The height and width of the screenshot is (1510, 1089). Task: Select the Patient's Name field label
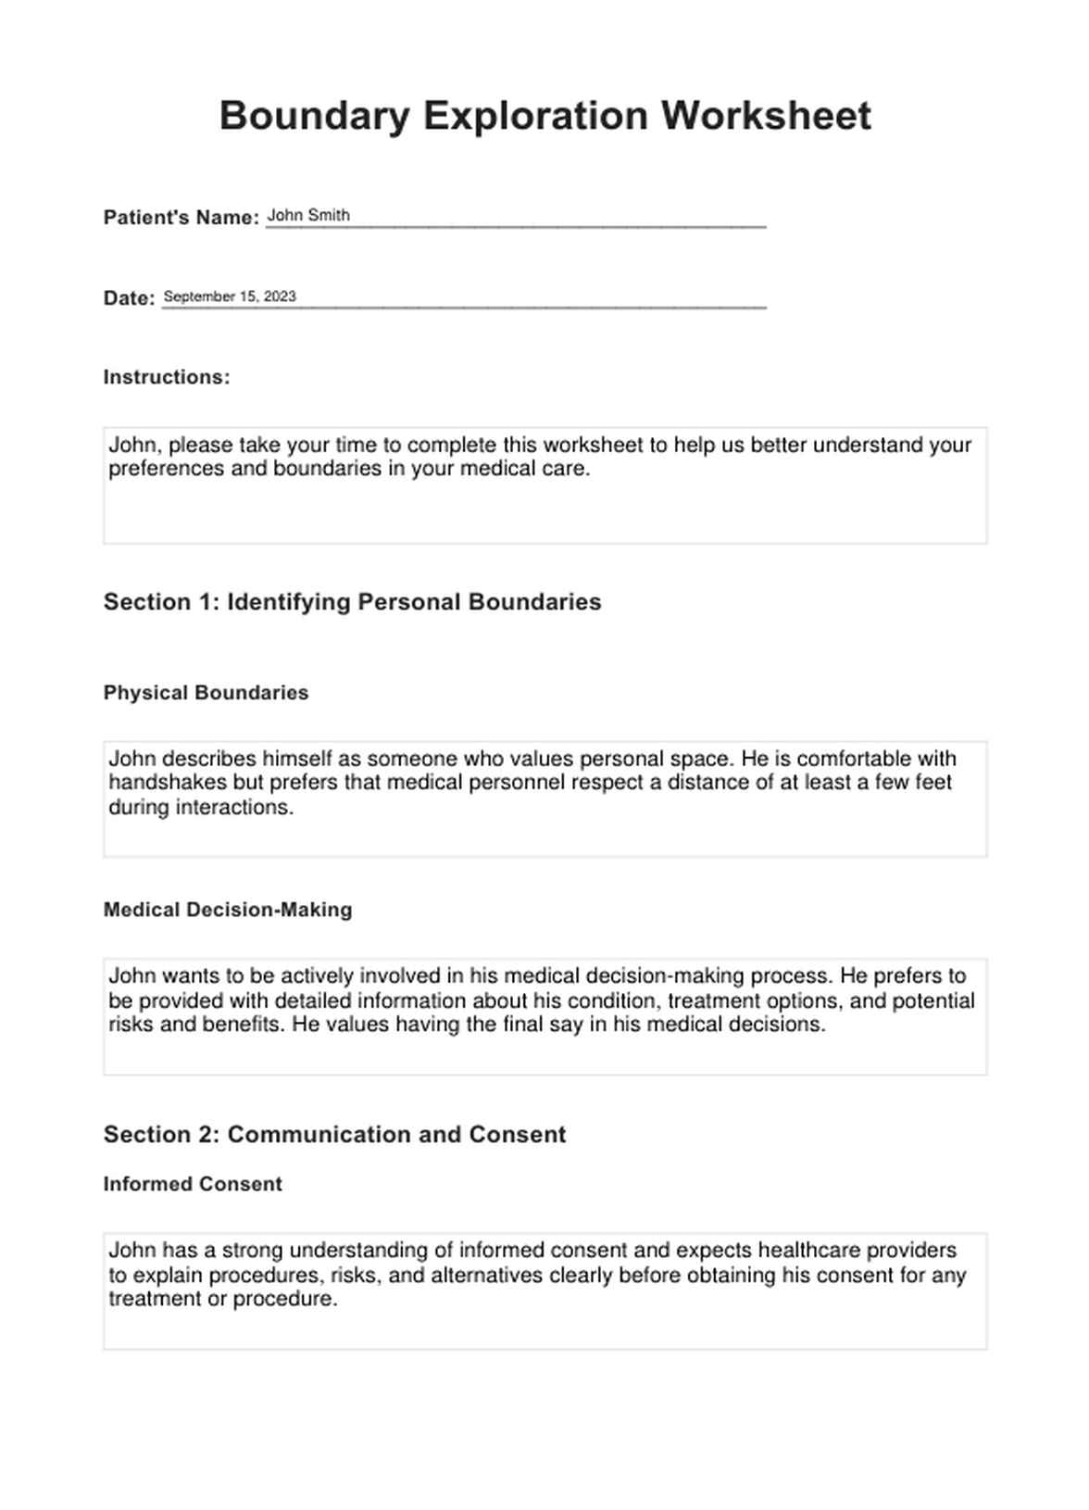coord(181,218)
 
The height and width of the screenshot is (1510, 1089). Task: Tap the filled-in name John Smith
coord(308,216)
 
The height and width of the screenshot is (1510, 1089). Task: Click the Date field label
coord(129,298)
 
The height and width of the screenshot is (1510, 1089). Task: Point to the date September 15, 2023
coord(230,296)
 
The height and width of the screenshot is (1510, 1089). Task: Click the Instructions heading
coord(167,377)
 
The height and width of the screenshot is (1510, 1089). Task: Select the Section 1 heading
coord(352,602)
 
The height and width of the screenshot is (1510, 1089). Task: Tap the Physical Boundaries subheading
coord(206,693)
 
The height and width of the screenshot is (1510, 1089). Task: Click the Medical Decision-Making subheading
coord(228,910)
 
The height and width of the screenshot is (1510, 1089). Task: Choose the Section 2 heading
coord(334,1135)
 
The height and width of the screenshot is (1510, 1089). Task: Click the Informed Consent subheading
coord(193,1184)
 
